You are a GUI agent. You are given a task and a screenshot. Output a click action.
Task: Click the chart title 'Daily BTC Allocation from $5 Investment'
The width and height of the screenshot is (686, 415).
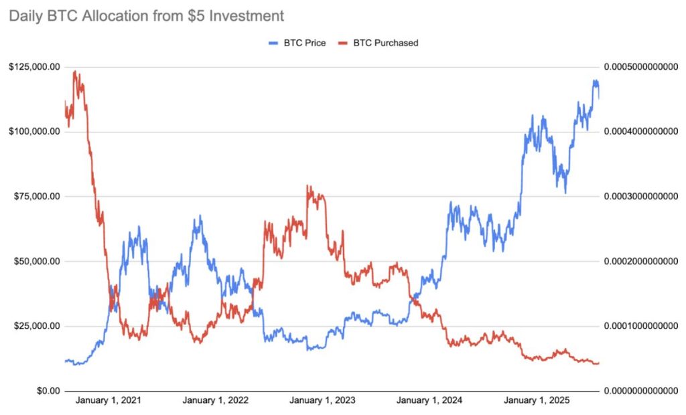click(x=146, y=15)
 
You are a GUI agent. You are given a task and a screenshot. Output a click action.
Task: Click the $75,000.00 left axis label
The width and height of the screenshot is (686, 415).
click(x=35, y=196)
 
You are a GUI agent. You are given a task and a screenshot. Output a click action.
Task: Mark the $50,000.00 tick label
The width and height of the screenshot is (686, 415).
click(x=35, y=261)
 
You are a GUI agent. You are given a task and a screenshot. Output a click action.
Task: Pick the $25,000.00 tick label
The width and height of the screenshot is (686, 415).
click(x=35, y=326)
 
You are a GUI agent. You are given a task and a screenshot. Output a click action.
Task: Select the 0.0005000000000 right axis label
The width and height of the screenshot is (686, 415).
click(x=642, y=67)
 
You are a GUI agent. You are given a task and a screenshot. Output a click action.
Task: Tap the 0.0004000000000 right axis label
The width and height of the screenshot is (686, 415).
click(x=642, y=132)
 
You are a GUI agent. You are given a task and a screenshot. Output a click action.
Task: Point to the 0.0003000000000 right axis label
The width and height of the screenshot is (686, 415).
click(x=642, y=196)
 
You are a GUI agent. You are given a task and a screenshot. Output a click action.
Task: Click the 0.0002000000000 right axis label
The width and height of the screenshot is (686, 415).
click(x=642, y=261)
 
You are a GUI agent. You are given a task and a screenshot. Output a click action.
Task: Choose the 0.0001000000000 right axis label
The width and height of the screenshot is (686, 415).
click(x=642, y=326)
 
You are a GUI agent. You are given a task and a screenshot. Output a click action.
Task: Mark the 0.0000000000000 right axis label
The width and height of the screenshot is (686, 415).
click(x=642, y=391)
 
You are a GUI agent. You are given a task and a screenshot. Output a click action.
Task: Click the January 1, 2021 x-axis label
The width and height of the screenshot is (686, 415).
click(x=109, y=401)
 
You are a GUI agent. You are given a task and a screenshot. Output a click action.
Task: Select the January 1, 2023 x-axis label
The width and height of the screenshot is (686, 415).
click(x=322, y=401)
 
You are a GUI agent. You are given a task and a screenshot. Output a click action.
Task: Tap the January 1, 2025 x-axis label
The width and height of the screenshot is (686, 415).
click(x=536, y=401)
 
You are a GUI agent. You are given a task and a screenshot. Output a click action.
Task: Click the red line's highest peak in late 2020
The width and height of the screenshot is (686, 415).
click(x=74, y=71)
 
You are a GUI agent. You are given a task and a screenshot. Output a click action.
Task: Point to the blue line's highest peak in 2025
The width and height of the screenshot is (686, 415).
click(x=594, y=80)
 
